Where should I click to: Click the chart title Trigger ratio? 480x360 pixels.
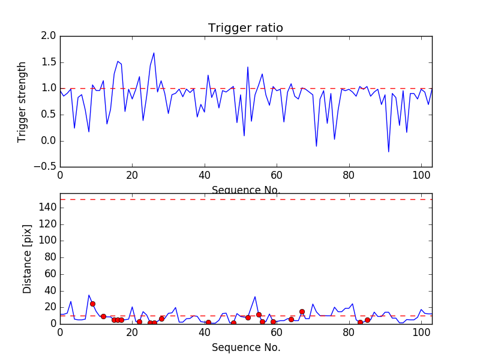245,28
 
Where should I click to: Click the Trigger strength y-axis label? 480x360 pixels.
22,101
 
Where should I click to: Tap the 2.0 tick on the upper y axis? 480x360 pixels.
49,36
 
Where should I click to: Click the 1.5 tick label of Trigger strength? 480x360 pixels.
49,62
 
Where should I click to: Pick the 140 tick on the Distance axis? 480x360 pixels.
48,207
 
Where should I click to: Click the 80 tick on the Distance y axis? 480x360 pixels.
50,257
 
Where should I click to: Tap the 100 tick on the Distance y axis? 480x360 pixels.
48,240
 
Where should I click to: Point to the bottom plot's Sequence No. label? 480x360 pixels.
246,347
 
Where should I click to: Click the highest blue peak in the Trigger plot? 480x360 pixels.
154,53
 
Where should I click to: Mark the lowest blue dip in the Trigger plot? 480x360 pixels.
388,152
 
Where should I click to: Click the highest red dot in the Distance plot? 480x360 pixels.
92,304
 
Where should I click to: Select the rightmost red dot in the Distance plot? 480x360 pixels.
367,320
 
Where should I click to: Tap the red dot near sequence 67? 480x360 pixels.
302,311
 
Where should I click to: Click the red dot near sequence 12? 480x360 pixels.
103,316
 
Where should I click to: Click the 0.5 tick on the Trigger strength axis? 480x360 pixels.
49,115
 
